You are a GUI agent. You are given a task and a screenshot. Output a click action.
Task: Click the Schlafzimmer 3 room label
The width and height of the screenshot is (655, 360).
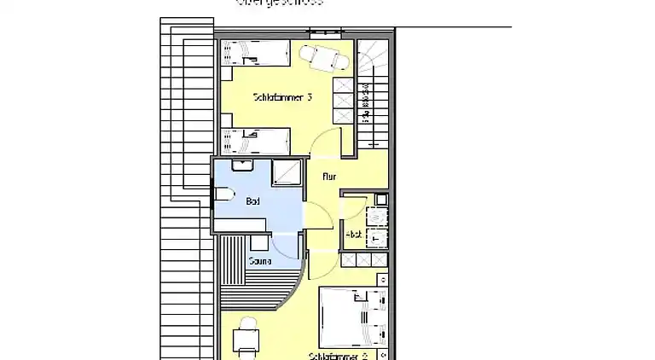pyautogui.click(x=282, y=97)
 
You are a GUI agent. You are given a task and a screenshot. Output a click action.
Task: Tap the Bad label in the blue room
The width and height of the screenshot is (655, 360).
pyautogui.click(x=252, y=201)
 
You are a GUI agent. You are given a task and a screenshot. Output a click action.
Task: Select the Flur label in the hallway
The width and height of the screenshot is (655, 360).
pyautogui.click(x=329, y=177)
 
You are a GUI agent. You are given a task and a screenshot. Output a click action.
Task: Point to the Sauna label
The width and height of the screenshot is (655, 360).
pyautogui.click(x=259, y=261)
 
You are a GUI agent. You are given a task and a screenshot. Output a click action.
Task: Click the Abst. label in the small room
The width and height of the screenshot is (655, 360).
pyautogui.click(x=353, y=234)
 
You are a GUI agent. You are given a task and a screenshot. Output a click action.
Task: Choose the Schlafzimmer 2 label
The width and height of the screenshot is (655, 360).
pyautogui.click(x=339, y=355)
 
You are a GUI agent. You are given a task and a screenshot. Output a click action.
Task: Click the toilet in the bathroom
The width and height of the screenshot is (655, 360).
pyautogui.click(x=221, y=196)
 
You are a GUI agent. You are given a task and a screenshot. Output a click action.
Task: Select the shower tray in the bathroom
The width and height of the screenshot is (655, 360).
pyautogui.click(x=287, y=172)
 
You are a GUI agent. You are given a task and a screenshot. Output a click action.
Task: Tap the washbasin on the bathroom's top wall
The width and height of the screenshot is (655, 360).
pyautogui.click(x=241, y=164)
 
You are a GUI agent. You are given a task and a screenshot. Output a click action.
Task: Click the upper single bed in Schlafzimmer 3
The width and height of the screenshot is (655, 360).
pyautogui.click(x=255, y=55)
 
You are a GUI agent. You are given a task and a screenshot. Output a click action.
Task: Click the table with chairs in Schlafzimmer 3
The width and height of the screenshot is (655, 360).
pyautogui.click(x=324, y=58)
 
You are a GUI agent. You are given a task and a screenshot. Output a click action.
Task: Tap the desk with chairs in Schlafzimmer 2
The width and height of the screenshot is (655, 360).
pyautogui.click(x=246, y=339)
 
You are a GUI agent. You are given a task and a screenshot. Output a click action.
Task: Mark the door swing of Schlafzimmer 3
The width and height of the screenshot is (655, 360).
pyautogui.click(x=328, y=146)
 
